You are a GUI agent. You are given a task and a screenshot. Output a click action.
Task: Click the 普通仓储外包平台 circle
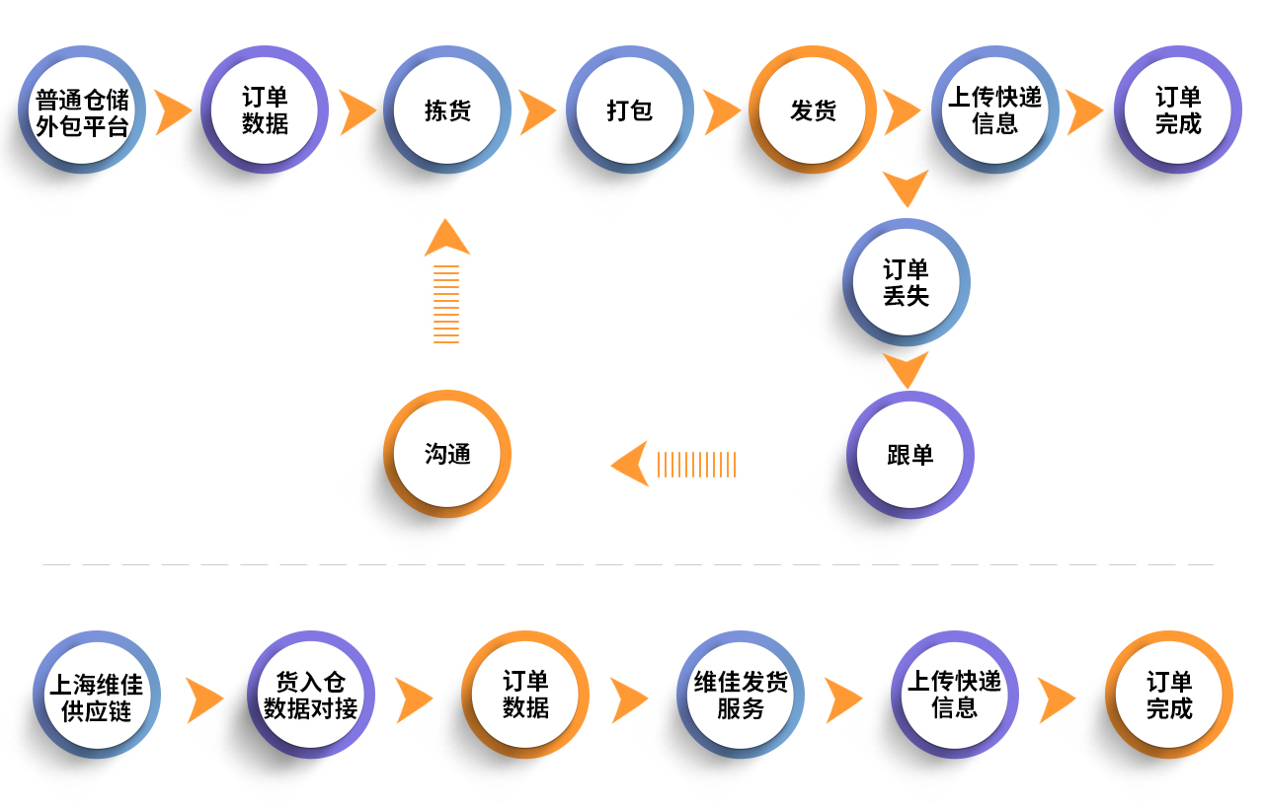[82, 110]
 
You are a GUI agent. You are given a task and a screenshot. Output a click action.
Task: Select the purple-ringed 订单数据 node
[265, 110]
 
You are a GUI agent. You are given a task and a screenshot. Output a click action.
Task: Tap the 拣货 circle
[447, 110]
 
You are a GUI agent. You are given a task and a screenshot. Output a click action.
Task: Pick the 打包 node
[630, 110]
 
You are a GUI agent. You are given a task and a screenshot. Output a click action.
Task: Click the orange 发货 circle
[813, 110]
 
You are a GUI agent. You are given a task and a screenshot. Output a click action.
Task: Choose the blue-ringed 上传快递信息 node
[995, 110]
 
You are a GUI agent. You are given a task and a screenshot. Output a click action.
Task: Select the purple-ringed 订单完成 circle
[1178, 110]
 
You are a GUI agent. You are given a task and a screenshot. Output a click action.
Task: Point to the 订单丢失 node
[907, 282]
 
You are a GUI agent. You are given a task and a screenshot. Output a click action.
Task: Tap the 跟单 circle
[910, 455]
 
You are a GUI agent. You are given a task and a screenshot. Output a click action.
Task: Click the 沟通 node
[447, 454]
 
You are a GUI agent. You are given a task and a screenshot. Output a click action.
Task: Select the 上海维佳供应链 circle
[97, 696]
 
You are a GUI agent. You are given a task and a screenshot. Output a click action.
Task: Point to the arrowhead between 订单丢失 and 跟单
[906, 369]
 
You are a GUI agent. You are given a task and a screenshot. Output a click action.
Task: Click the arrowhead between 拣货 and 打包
[538, 111]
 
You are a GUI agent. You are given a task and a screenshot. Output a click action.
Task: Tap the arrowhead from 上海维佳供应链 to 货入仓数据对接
[204, 700]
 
